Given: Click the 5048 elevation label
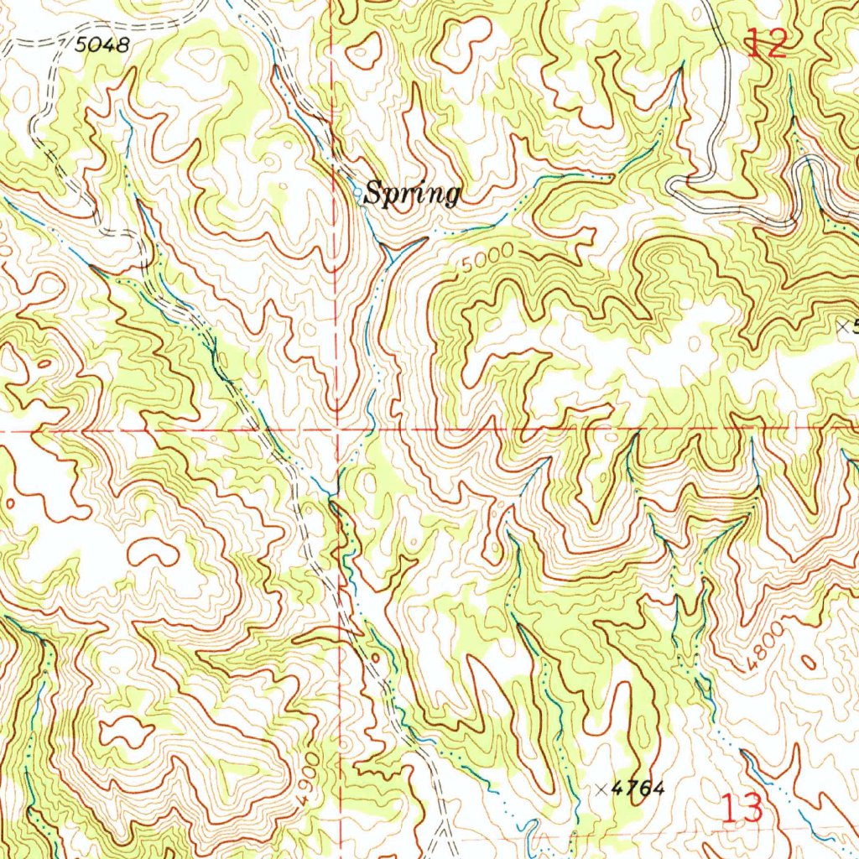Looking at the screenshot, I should click(x=102, y=45).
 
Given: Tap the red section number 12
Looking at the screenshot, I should click(x=768, y=43).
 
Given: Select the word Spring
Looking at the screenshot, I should click(x=413, y=195).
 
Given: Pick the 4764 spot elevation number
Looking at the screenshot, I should click(x=638, y=789).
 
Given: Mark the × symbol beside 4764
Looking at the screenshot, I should click(x=601, y=789).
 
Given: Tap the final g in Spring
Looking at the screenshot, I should click(x=451, y=197).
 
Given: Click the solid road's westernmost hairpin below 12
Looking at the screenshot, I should click(x=671, y=185).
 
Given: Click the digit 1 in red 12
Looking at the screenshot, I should click(x=754, y=43).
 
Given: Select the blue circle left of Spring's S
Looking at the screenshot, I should click(x=360, y=194).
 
